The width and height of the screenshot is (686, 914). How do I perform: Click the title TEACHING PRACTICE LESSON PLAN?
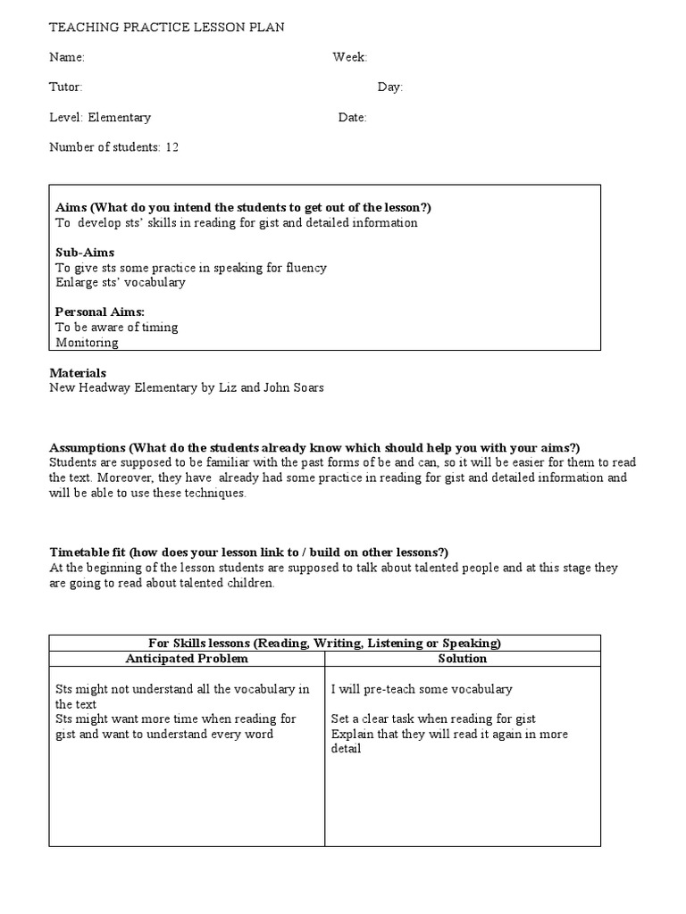click(167, 28)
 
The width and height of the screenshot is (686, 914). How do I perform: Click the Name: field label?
click(67, 57)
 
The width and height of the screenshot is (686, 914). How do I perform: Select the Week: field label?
click(350, 57)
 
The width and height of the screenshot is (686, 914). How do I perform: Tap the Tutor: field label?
click(65, 87)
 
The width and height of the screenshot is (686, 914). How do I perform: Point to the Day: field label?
click(390, 87)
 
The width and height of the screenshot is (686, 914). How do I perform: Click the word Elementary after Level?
click(120, 118)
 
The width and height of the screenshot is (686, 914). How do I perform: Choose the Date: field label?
click(353, 118)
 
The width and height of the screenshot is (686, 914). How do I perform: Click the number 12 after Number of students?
click(171, 147)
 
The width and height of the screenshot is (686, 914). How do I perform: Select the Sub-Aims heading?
click(85, 253)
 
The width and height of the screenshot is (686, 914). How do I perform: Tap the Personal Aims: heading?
click(100, 312)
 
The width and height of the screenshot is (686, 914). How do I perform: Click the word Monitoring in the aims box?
click(87, 342)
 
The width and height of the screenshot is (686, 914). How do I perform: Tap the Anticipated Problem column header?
click(187, 659)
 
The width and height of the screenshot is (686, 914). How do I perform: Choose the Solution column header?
click(462, 659)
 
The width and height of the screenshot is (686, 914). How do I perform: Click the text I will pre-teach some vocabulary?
click(422, 689)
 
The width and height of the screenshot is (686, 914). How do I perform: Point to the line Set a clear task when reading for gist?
click(433, 719)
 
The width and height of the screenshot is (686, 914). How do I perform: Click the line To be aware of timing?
click(117, 327)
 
